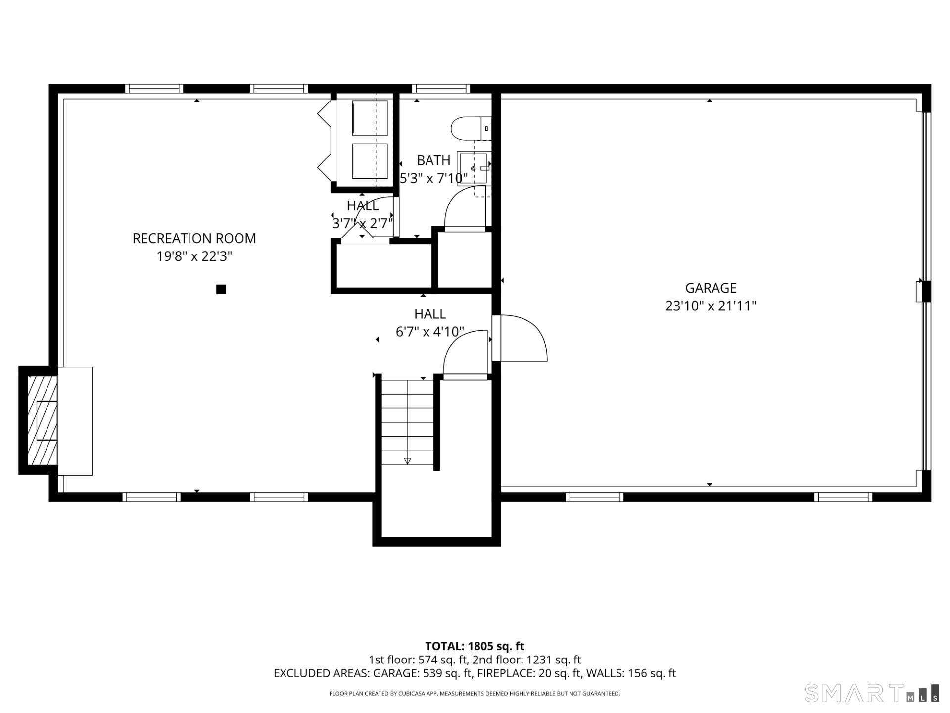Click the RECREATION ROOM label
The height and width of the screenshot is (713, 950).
coord(194,238)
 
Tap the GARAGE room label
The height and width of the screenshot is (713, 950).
coord(711,288)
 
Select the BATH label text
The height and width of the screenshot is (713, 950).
coord(433,160)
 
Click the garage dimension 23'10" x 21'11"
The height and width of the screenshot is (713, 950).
coord(711,306)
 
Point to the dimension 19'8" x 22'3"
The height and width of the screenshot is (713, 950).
coord(194,256)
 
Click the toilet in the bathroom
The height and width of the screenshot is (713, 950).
coord(470,128)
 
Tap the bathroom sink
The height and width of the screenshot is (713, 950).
coord(474,168)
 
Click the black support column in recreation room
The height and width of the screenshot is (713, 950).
coord(221,289)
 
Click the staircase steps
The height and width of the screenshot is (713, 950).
coord(407,421)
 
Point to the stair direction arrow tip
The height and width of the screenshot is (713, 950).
coord(407,461)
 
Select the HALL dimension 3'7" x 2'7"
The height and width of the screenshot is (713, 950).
coord(363,224)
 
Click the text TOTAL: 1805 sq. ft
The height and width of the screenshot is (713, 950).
coord(475,646)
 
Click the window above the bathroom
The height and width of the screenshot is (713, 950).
coord(441,89)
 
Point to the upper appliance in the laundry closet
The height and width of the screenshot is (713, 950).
coord(369,118)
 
